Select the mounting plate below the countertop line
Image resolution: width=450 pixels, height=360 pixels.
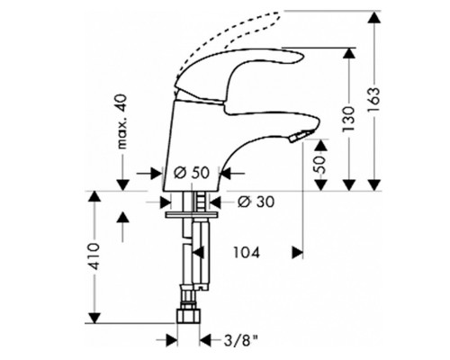193,212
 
